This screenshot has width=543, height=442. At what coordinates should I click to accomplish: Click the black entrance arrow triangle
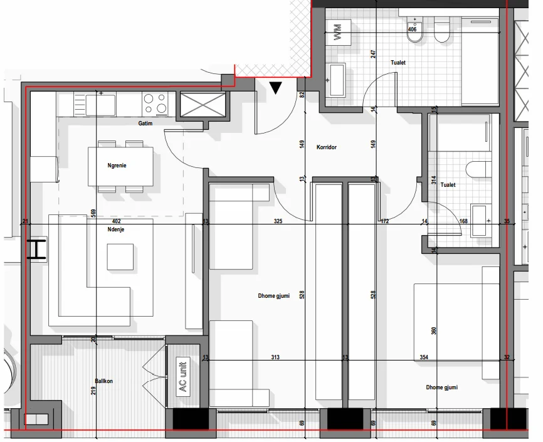click(275, 88)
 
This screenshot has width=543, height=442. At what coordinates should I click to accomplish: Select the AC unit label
click(183, 376)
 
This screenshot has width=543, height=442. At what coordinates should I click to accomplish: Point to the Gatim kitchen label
click(145, 124)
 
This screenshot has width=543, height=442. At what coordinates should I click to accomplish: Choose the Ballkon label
click(104, 381)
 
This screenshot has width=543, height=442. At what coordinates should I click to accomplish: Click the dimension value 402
click(116, 221)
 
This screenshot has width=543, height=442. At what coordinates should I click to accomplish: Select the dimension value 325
click(278, 221)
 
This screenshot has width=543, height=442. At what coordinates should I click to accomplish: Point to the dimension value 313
click(275, 357)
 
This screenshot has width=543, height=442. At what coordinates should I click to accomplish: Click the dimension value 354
click(424, 357)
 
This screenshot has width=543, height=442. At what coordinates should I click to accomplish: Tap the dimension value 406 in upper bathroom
click(412, 29)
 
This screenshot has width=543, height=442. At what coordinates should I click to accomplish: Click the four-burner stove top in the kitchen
click(155, 102)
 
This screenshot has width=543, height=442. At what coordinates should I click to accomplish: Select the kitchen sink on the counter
click(101, 104)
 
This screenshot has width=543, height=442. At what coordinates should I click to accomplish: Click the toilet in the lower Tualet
click(478, 169)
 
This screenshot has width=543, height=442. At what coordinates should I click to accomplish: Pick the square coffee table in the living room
click(120, 256)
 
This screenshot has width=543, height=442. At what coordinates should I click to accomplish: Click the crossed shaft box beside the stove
click(202, 104)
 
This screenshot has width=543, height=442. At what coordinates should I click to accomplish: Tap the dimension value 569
click(93, 213)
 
